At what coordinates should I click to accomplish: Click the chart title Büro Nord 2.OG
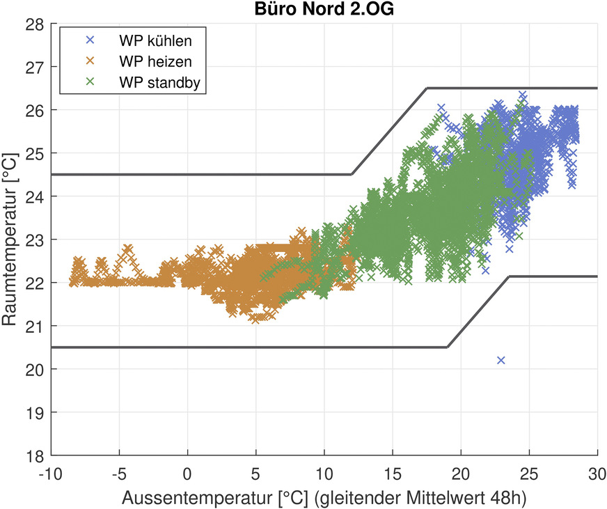[x=324, y=8]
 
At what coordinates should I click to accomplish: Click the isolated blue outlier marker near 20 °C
[x=501, y=360]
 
